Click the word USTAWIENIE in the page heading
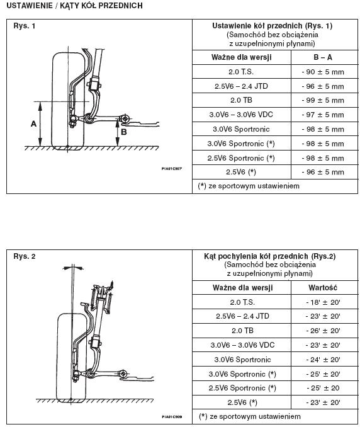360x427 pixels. click(x=30, y=6)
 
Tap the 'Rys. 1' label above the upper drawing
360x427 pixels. click(x=24, y=26)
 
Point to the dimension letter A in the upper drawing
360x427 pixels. click(x=33, y=124)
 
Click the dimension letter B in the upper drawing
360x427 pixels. click(x=124, y=132)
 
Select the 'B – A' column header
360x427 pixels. click(x=323, y=57)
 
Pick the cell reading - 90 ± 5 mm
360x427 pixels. click(x=323, y=72)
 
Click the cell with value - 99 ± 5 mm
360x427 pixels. click(x=323, y=100)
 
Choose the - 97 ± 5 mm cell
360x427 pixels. click(x=323, y=115)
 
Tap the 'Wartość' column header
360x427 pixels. click(x=323, y=288)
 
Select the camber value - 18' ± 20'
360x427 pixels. click(x=323, y=302)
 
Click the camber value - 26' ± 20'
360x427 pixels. click(x=323, y=331)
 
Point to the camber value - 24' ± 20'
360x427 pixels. click(x=323, y=360)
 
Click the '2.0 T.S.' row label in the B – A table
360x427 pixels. click(x=241, y=72)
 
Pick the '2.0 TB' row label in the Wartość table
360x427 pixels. click(x=242, y=331)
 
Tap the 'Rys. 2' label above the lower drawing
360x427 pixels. click(x=24, y=256)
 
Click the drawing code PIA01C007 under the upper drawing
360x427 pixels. click(x=171, y=169)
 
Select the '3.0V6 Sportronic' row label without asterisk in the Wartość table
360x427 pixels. click(x=242, y=360)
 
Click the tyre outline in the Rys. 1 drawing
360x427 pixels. click(x=52, y=101)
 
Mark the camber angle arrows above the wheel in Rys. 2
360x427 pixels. click(x=72, y=268)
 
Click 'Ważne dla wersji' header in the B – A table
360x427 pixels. click(x=241, y=57)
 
